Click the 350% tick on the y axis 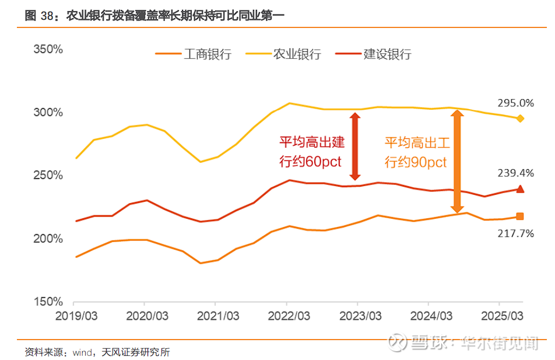tap(48, 49)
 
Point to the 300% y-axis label tap(48, 112)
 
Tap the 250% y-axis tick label tap(48, 176)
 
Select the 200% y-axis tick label tap(48, 239)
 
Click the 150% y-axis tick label tap(48, 302)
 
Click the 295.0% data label tap(515, 103)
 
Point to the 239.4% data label tap(515, 173)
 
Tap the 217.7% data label tap(515, 233)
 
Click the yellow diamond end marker tap(520, 118)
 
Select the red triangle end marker tap(520, 188)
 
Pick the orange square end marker tap(520, 216)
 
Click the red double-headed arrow tap(354, 146)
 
